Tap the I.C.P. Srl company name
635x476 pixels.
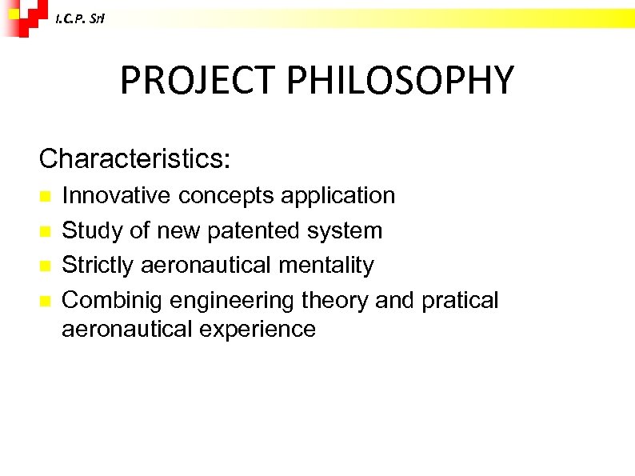[x=78, y=19]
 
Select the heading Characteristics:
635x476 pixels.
[x=134, y=158]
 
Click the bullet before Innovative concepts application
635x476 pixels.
[x=46, y=196]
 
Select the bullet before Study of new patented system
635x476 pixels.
[x=46, y=231]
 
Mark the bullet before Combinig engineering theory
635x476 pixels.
[x=46, y=302]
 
